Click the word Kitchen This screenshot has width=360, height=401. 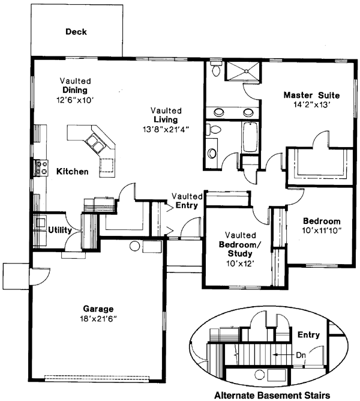point(73,172)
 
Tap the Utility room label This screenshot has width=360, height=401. point(60,230)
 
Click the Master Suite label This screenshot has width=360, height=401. point(311,95)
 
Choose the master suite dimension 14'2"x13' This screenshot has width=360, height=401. point(311,104)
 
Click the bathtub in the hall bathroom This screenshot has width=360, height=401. point(249,137)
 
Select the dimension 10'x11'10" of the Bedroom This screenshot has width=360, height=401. point(321,231)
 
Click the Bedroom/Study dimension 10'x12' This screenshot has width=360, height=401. point(241,262)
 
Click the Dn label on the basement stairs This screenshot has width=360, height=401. point(300,355)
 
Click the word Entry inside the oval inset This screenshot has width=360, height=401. point(308,335)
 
